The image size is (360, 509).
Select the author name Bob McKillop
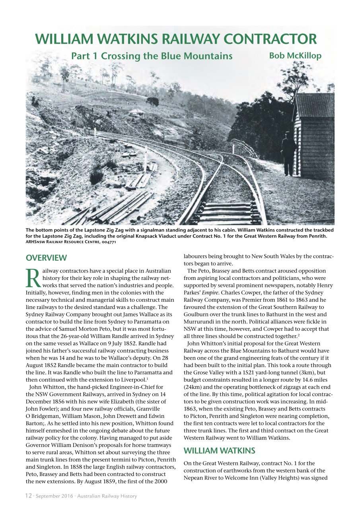tap(295, 56)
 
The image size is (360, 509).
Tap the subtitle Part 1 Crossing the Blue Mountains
tap(152, 56)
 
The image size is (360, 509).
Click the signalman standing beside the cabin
tap(288, 153)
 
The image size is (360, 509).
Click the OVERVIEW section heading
tap(46, 258)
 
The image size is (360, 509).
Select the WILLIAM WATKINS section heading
tap(219, 451)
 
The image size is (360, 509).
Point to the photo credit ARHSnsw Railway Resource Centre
tap(70, 241)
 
